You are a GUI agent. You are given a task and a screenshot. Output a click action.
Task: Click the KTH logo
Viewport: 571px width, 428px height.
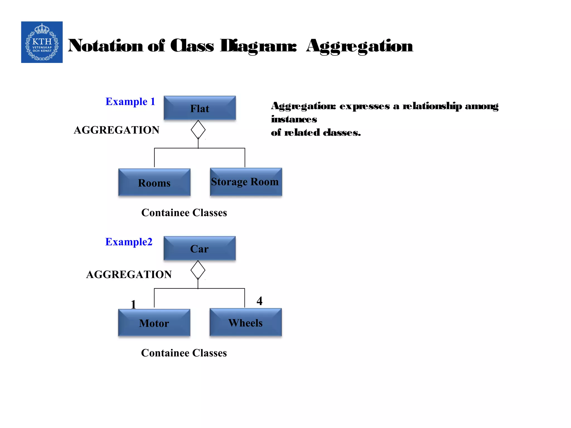coord(42,42)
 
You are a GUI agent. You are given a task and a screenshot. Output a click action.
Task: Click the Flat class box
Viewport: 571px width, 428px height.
coord(200,108)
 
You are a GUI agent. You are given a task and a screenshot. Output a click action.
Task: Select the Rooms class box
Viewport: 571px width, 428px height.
coord(154,183)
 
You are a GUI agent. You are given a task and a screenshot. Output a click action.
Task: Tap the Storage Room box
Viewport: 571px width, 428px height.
coord(246,182)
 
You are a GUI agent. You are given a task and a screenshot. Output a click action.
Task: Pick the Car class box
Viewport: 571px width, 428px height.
coord(199,248)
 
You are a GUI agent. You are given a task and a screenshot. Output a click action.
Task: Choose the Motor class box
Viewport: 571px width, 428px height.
coord(154,323)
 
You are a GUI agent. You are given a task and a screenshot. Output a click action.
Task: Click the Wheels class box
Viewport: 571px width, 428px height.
coord(245,322)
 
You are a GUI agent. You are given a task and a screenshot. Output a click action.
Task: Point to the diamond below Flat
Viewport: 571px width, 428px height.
coord(198,130)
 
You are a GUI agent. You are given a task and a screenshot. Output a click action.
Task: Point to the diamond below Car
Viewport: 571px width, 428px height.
coord(198,270)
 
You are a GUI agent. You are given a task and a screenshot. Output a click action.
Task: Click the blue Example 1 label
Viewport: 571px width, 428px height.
coord(130,101)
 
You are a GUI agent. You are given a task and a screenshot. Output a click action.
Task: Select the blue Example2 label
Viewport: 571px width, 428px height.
coord(129,242)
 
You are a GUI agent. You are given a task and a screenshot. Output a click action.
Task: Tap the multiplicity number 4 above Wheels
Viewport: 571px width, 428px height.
coord(259,301)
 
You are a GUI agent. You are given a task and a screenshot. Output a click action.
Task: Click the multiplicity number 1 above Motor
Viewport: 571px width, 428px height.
coord(133,304)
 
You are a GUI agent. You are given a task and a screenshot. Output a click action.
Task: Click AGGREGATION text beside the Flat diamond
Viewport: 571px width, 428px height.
coord(116,130)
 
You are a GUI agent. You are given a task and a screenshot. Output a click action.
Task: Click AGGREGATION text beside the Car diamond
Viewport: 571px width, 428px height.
coord(129,274)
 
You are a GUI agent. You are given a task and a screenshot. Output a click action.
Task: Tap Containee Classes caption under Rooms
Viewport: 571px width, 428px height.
coord(184,213)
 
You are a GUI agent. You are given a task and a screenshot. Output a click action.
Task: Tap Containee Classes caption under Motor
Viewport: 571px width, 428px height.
coord(184,353)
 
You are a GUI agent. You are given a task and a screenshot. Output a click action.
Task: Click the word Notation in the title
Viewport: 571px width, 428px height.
coord(105,46)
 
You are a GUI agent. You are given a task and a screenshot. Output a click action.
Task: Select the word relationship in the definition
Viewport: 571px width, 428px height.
coord(432,106)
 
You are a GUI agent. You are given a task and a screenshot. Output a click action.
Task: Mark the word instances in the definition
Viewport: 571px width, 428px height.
coord(294,119)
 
